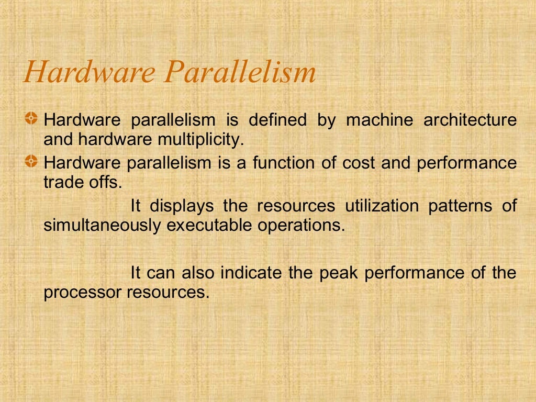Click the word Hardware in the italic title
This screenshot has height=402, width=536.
[89, 72]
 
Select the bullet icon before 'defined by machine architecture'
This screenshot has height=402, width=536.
[32, 119]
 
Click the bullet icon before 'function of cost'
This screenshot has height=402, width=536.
[32, 162]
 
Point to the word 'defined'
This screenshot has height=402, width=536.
[277, 120]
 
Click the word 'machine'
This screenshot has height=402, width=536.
[377, 120]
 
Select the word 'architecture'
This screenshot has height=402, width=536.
[470, 120]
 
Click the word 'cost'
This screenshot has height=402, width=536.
[359, 163]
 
